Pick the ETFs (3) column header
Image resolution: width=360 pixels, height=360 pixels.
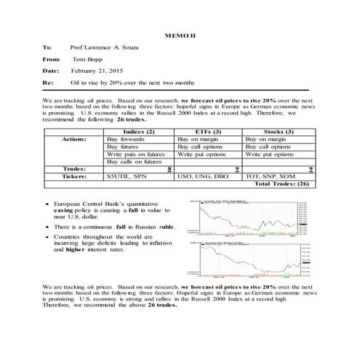[x=209, y=131]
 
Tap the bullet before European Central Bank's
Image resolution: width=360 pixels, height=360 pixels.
[x=47, y=206]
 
